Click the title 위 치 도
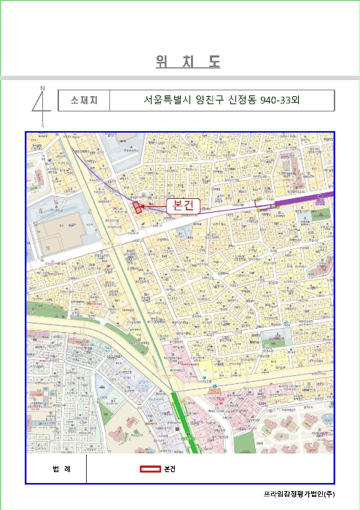(187, 63)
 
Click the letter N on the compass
(42, 88)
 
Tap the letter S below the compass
(42, 125)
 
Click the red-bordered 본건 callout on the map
(180, 206)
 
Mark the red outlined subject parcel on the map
(137, 206)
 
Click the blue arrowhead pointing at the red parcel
(143, 206)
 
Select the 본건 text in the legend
(171, 468)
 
